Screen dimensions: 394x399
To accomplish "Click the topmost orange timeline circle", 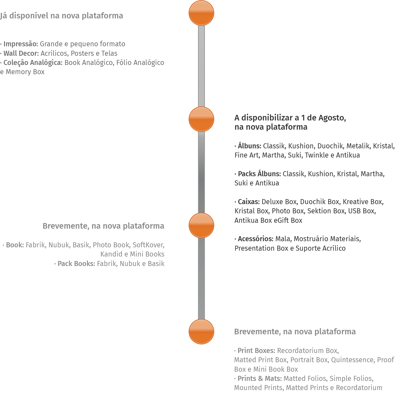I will (201, 13).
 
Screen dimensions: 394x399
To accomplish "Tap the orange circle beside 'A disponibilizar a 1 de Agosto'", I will (201, 119).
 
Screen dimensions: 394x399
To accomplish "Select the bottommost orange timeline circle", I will (201, 332).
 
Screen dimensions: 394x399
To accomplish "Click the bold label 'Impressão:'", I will (21, 44).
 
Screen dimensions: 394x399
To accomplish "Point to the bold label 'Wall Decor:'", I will (21, 53).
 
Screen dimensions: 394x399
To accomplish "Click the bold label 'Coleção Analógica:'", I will (33, 62).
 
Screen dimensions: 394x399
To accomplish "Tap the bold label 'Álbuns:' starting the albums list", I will (250, 146).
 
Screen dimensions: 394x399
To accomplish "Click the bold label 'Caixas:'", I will (249, 202).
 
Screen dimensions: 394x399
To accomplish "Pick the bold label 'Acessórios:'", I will (255, 239).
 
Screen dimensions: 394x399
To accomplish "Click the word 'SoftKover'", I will (148, 245).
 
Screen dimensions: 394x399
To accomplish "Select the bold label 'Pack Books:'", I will (76, 264).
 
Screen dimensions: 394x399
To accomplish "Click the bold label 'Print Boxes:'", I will (256, 351).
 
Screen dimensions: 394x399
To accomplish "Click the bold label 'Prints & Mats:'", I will (259, 378).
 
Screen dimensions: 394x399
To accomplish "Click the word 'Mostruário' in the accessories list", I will (310, 239).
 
